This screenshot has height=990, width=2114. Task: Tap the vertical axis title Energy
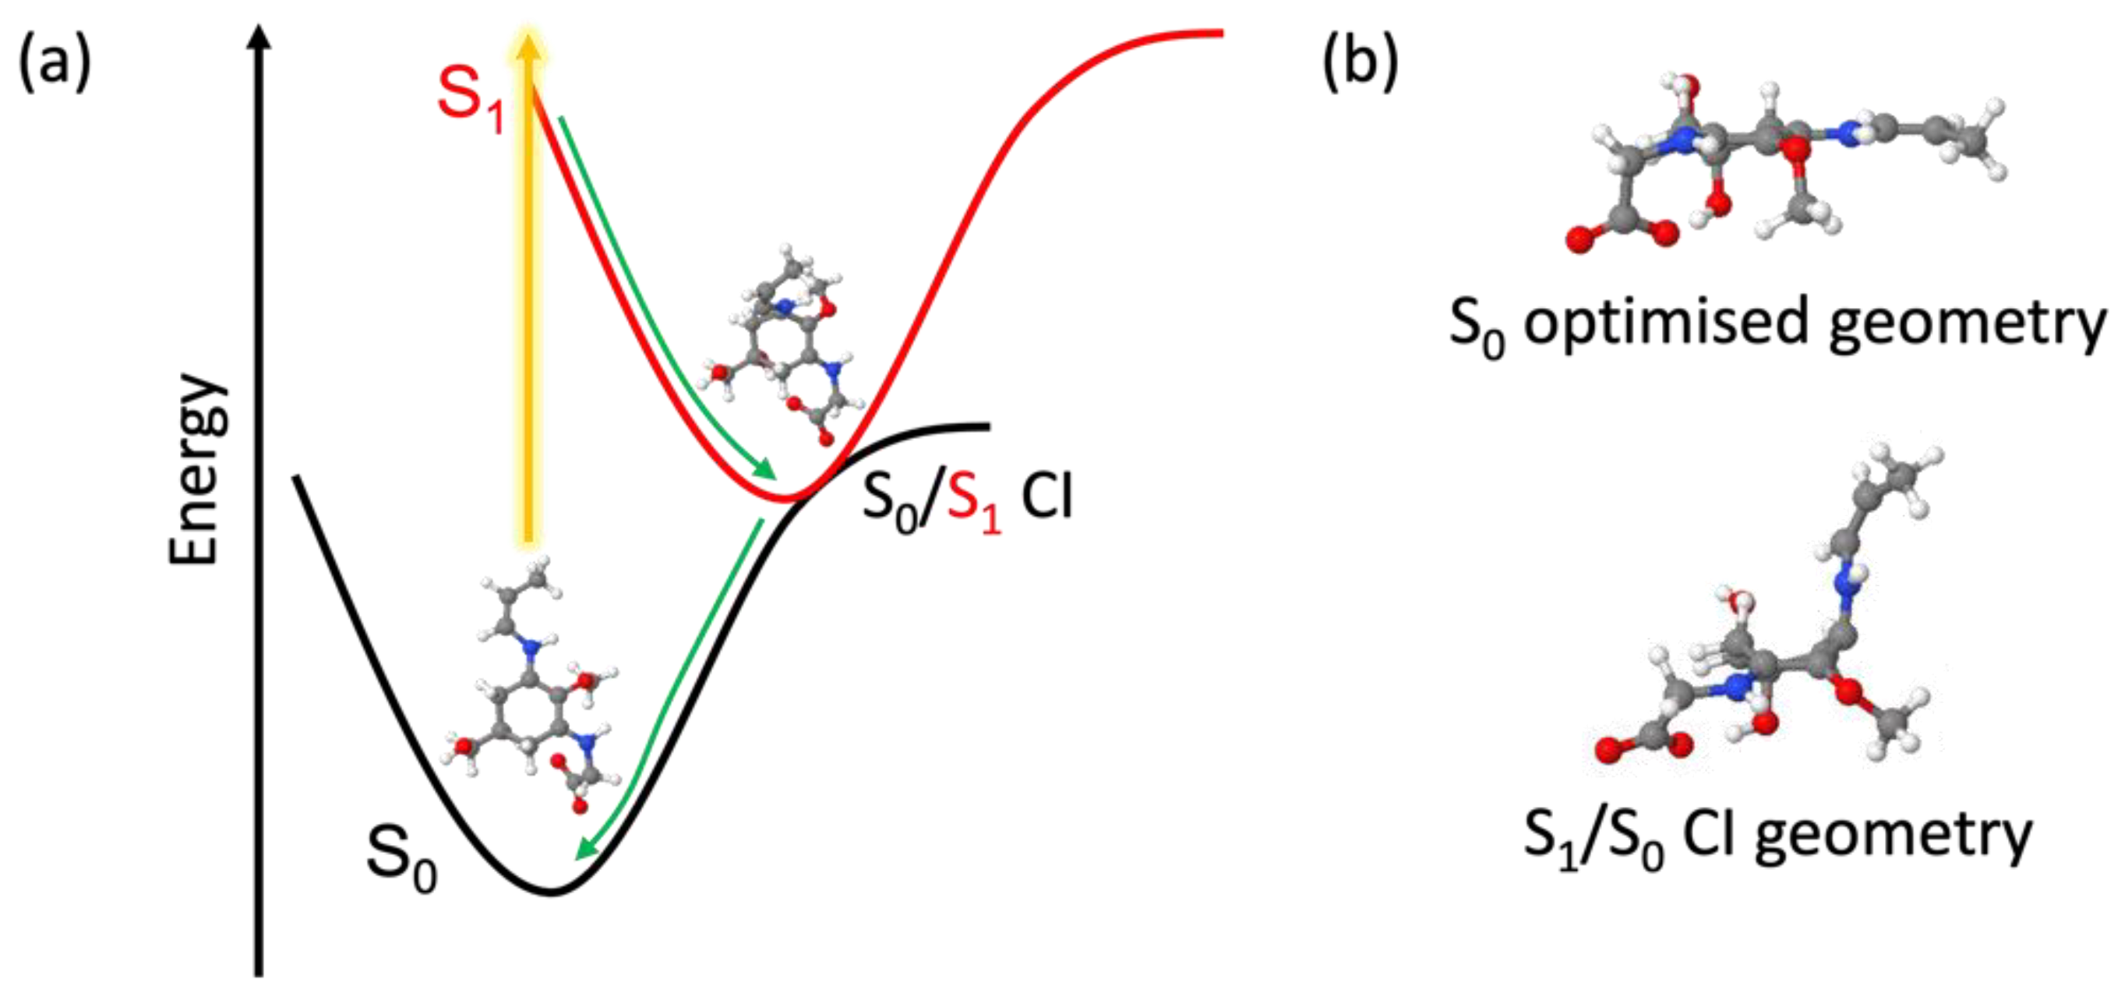tap(196, 469)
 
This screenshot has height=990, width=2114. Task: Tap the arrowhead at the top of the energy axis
tap(259, 37)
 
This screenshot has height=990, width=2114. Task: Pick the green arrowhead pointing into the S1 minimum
tap(765, 469)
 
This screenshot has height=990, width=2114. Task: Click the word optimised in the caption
tap(1666, 323)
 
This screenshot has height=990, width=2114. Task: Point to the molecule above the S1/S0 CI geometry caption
tap(1773, 616)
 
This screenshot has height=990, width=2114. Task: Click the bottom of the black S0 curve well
tap(552, 892)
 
